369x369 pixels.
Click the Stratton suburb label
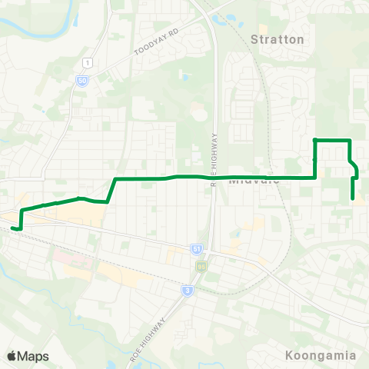click(x=278, y=38)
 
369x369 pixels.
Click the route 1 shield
click(x=89, y=62)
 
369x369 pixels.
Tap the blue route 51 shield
click(x=196, y=248)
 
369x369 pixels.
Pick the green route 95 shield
click(x=201, y=266)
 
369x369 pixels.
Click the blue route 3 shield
click(x=187, y=290)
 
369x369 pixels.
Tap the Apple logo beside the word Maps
click(x=12, y=356)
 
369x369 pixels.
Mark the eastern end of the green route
click(x=353, y=198)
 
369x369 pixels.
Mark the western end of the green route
click(x=13, y=228)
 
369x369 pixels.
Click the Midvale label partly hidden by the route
click(x=253, y=181)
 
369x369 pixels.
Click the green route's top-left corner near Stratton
click(x=314, y=140)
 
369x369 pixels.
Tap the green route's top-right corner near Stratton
click(x=350, y=140)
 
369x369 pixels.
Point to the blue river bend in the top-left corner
click(x=23, y=22)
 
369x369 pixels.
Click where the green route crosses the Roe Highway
click(x=212, y=177)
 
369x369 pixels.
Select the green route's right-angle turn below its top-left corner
click(x=315, y=177)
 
